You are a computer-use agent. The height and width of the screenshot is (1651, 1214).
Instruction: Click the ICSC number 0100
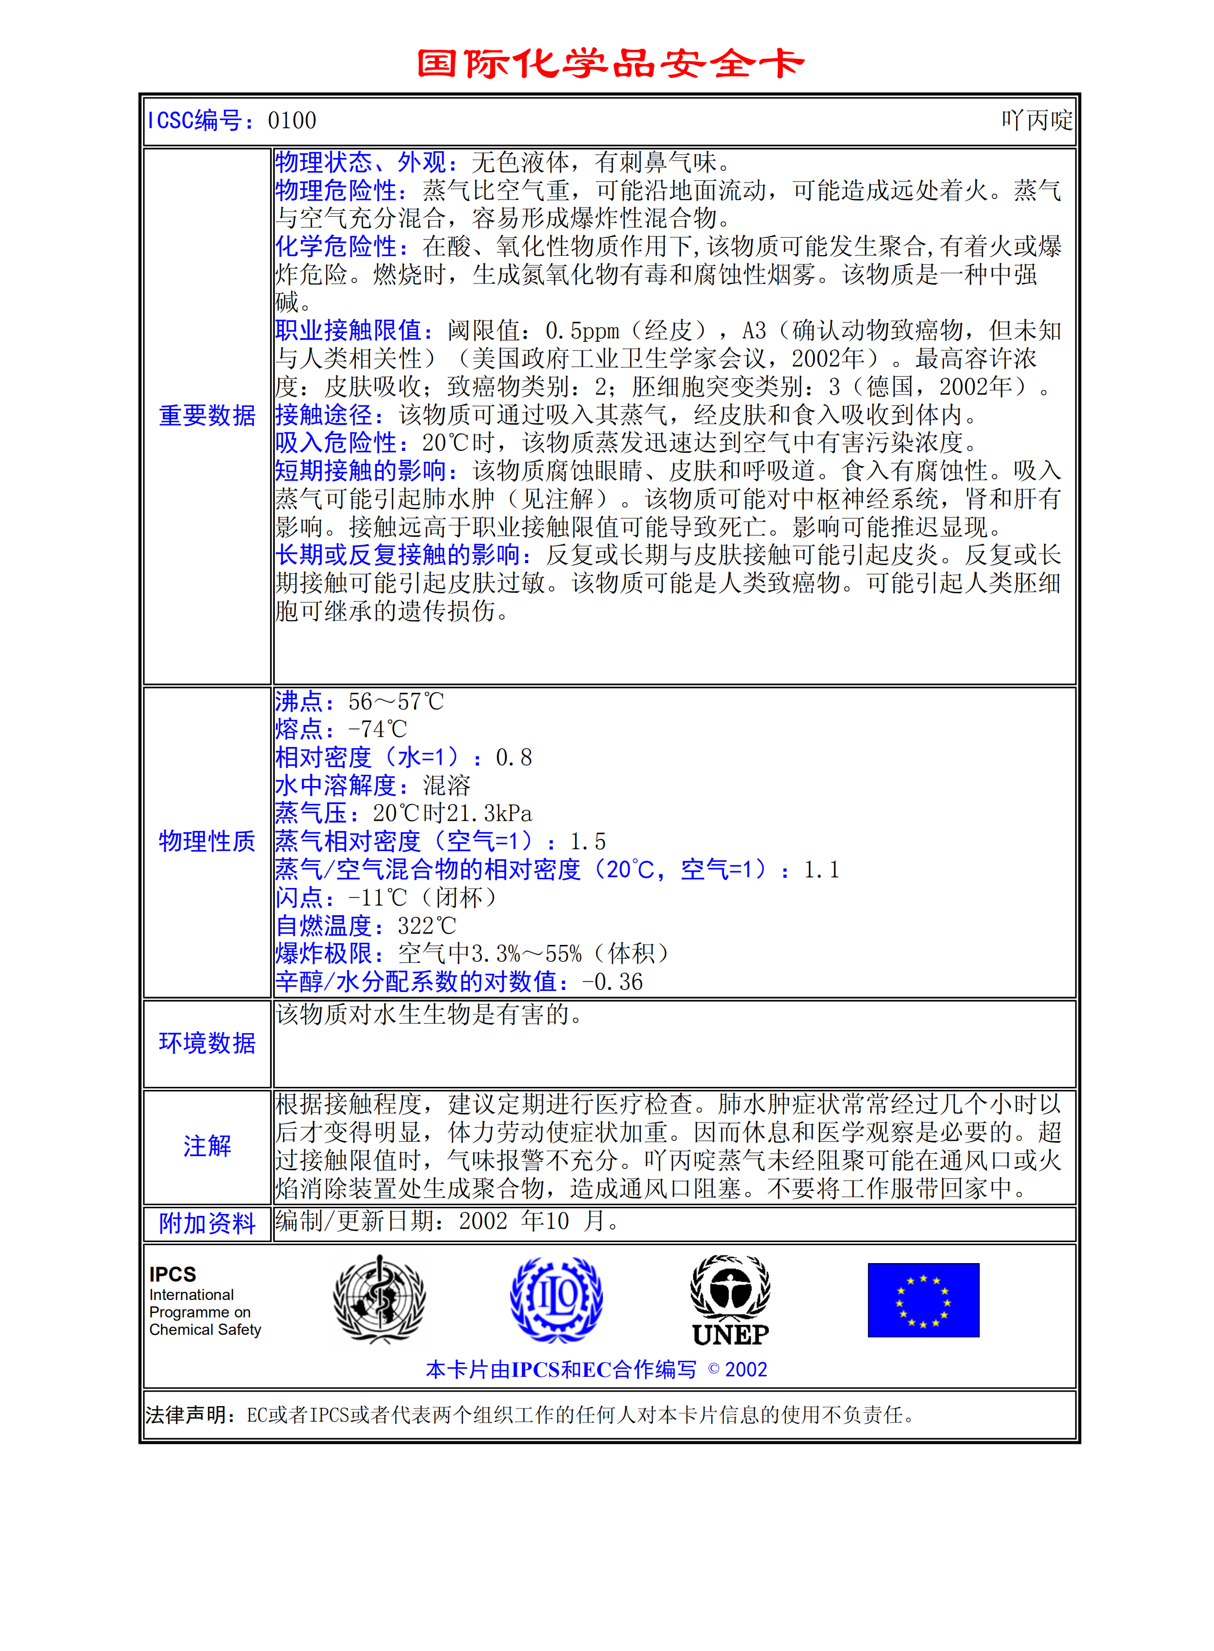(292, 120)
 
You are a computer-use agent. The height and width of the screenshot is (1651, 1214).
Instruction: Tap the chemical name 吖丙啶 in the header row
(1036, 120)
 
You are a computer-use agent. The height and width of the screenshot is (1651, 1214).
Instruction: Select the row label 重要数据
(207, 416)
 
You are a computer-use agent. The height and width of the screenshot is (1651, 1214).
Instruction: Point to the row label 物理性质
(207, 841)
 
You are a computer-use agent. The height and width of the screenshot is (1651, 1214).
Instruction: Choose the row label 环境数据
(207, 1043)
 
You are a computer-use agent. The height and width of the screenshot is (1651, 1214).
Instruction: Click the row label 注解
(207, 1146)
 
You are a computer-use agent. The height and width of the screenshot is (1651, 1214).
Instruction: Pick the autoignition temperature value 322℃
(426, 926)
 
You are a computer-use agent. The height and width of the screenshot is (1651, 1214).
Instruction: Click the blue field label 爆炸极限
(324, 954)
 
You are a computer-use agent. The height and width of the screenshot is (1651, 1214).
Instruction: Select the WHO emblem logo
(379, 1299)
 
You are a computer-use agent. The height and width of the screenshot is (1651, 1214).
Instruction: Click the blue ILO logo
(556, 1299)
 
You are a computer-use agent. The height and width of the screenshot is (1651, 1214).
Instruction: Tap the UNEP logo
(731, 1301)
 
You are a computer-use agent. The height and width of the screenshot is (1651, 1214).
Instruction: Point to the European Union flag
(923, 1300)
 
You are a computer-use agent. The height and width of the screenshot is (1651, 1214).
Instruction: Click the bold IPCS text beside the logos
(173, 1274)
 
